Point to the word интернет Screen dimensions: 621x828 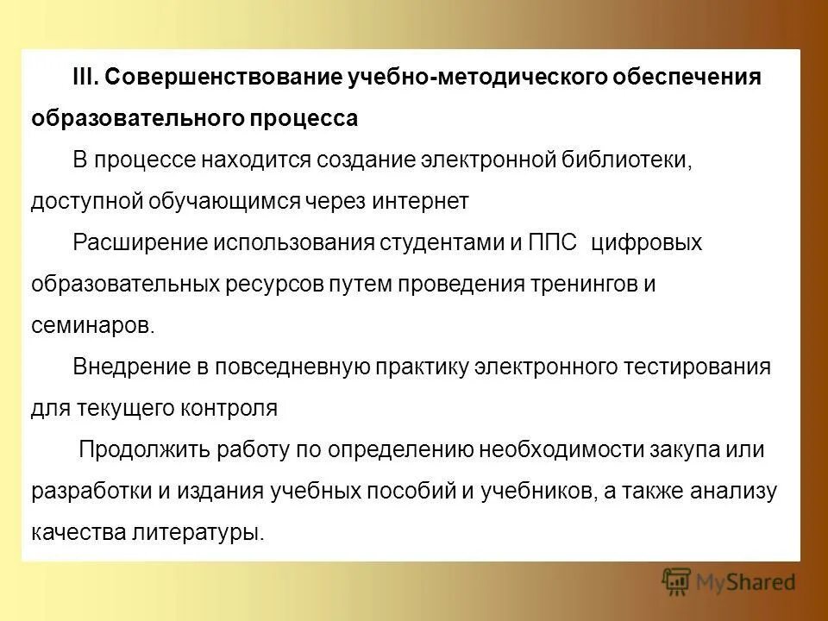coord(421,202)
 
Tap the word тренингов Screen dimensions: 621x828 coord(584,285)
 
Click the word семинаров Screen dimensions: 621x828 coord(93,326)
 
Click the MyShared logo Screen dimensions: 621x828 coord(730,582)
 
